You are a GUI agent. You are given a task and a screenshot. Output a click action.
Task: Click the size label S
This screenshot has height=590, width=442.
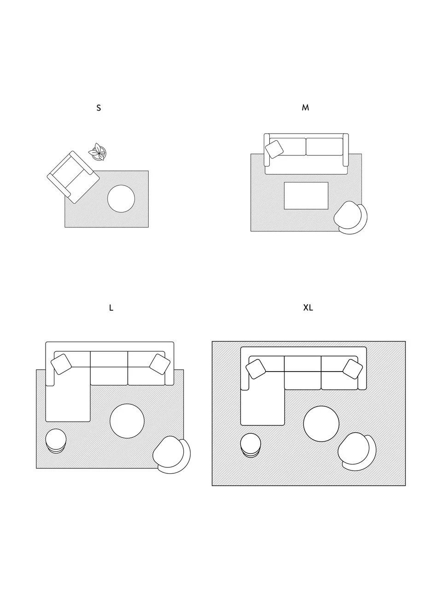click(99, 108)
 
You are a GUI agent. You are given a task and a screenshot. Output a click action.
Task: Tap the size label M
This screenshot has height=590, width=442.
click(305, 107)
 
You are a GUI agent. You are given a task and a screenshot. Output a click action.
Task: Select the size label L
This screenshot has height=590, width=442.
click(111, 308)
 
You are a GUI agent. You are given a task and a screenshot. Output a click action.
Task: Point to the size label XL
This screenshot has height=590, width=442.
click(308, 307)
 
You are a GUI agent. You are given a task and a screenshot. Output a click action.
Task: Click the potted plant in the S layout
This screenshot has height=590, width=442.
click(98, 152)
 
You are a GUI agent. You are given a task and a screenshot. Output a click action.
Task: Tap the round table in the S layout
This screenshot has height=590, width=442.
click(121, 199)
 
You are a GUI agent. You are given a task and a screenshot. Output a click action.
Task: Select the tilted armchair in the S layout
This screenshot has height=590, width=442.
click(73, 177)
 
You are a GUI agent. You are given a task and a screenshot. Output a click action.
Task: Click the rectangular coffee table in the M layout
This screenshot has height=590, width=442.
click(306, 196)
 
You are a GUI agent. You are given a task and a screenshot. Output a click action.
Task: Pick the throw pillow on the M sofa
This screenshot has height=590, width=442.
click(274, 149)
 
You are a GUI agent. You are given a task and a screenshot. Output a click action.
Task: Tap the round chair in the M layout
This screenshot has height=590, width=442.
click(350, 218)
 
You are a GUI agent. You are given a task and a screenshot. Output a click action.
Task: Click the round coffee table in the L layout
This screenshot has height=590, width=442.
click(127, 421)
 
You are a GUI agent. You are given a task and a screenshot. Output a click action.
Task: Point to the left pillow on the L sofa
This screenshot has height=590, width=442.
click(61, 364)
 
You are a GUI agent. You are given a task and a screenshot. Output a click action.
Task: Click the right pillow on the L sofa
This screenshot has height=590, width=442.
click(160, 364)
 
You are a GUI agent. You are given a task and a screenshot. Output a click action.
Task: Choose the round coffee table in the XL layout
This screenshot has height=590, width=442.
click(321, 424)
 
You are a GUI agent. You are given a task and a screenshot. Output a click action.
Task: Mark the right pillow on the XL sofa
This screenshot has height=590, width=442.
click(353, 369)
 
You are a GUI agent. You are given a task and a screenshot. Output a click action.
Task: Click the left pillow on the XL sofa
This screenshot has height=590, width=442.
click(256, 369)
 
